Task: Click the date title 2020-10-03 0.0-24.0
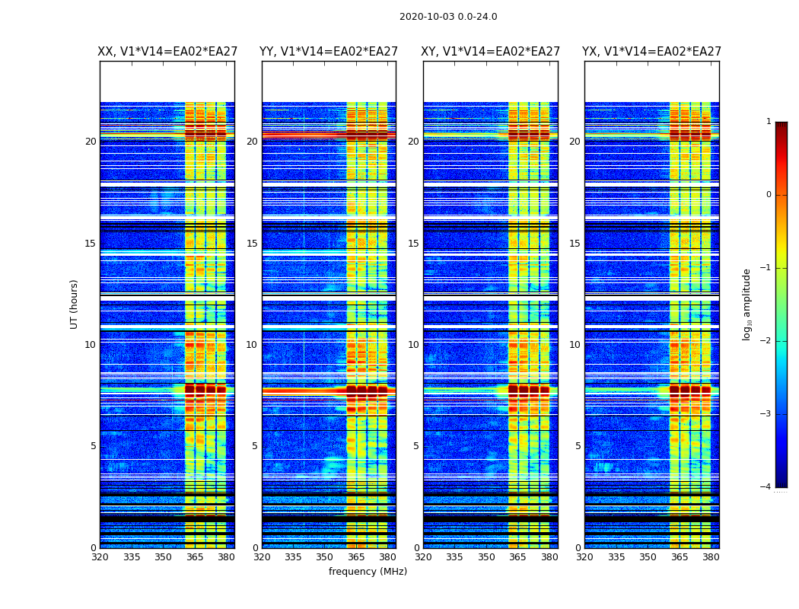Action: coord(448,17)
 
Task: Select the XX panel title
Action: coord(167,52)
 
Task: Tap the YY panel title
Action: coord(329,52)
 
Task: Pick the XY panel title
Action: coord(491,52)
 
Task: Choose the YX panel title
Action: coord(652,52)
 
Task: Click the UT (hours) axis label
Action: coord(75,304)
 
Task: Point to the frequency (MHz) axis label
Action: coord(368,572)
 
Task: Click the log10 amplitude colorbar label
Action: coord(747,304)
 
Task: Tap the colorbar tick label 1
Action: coord(768,122)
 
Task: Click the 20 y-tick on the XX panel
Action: coord(91,142)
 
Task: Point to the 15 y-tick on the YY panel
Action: coord(252,244)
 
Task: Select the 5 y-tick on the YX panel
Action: coord(578,446)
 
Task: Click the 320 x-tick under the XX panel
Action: coord(100,557)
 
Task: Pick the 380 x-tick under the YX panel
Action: coord(711,557)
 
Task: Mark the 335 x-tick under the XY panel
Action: coord(454,557)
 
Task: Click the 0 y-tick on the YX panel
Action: coord(578,548)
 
